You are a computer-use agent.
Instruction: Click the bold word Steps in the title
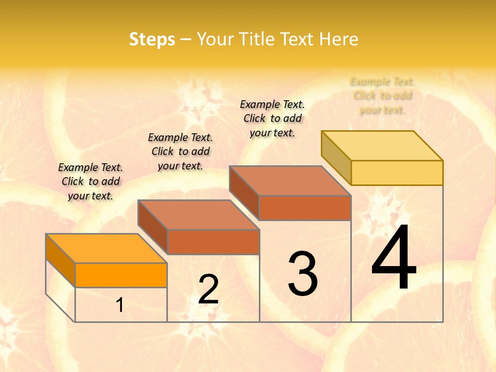(x=152, y=39)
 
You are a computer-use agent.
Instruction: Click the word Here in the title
(x=338, y=39)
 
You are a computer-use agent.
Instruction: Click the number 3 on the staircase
(x=303, y=274)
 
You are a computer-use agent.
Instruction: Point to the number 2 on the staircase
(x=208, y=289)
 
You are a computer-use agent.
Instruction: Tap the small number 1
(x=120, y=305)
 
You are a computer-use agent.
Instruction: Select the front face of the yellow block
(x=397, y=173)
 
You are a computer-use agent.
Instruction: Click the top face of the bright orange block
(x=106, y=249)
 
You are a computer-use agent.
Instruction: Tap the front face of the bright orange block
(x=121, y=275)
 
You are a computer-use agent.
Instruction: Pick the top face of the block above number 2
(x=198, y=215)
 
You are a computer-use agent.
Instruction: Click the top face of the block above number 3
(x=290, y=181)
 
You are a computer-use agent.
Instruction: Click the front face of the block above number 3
(x=305, y=208)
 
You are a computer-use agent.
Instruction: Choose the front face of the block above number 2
(x=213, y=242)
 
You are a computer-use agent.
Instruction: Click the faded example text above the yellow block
(x=382, y=96)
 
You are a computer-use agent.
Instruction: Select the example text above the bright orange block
(x=90, y=181)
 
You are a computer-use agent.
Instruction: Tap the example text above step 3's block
(x=272, y=118)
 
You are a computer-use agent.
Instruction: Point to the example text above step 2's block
(x=180, y=151)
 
